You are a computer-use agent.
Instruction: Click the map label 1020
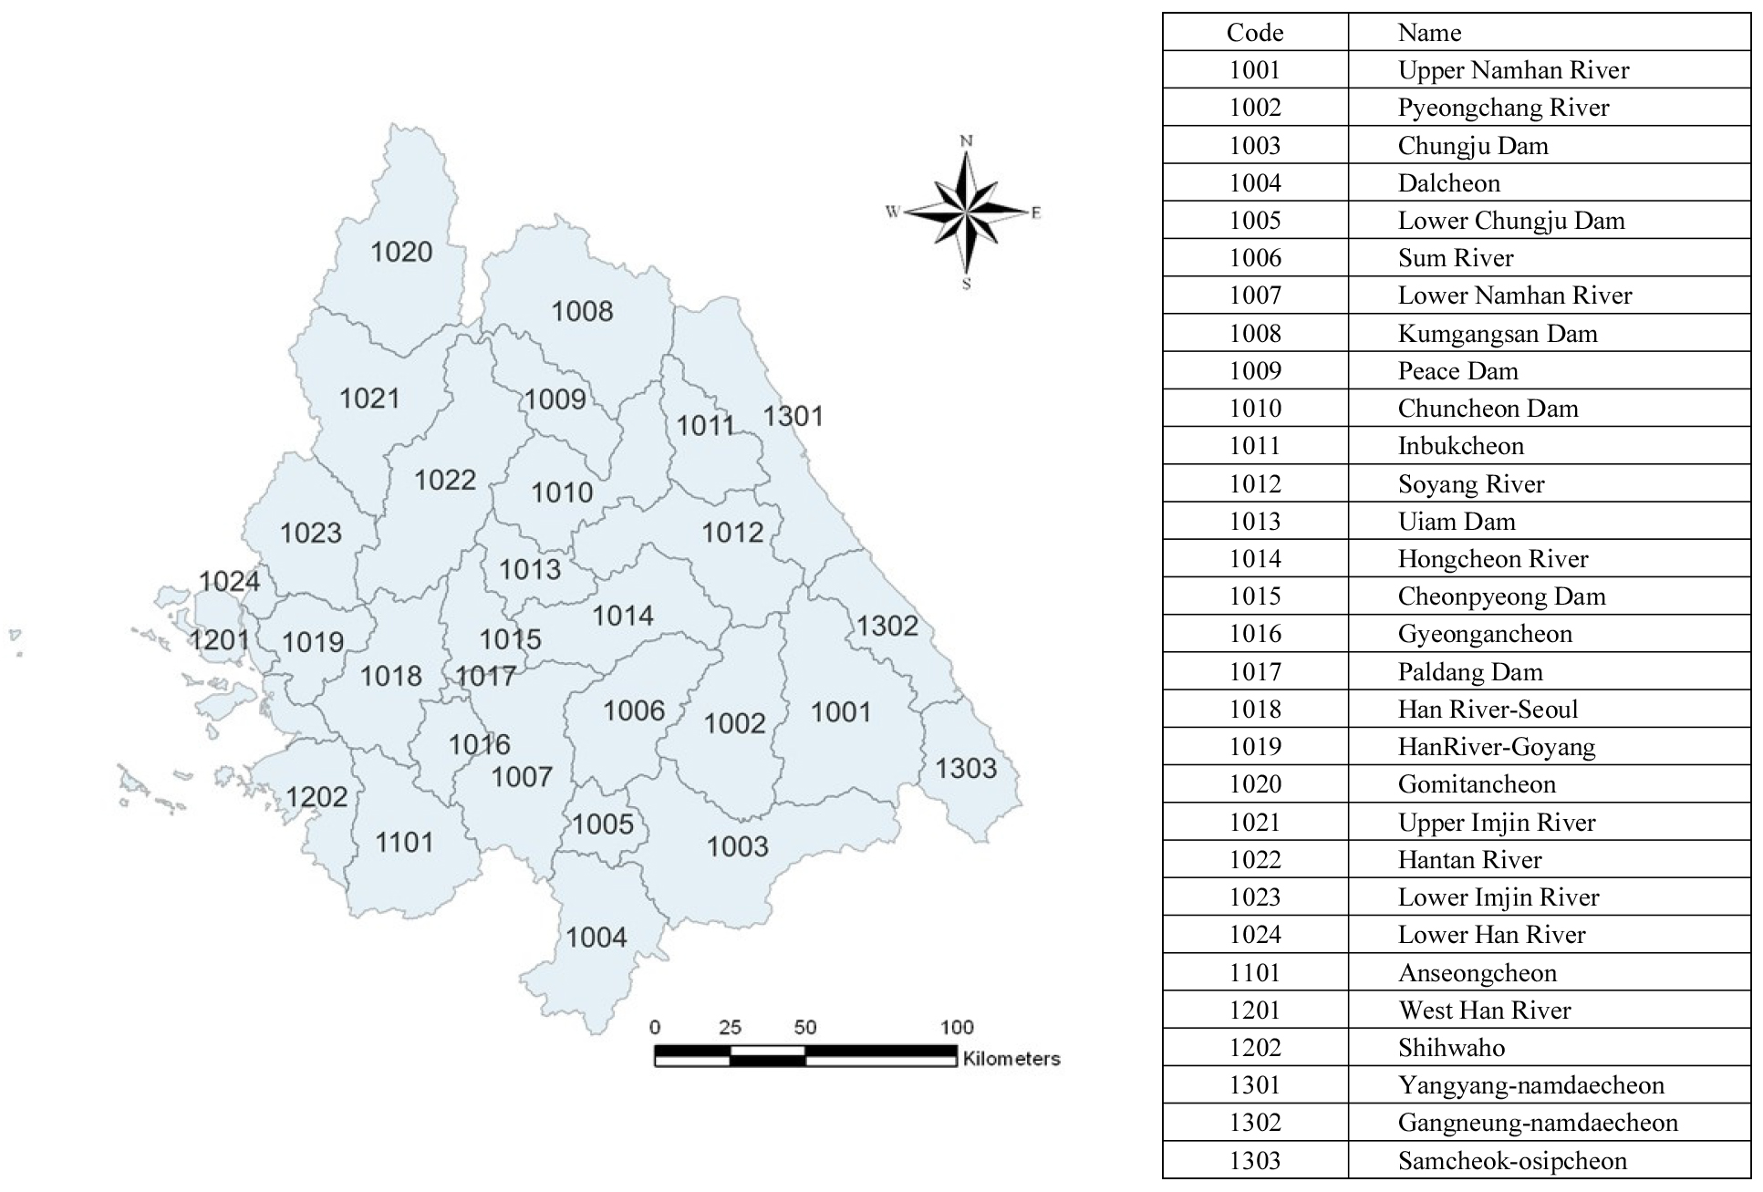coord(401,252)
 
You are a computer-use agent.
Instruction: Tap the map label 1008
coord(582,311)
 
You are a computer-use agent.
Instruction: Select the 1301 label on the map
coord(793,416)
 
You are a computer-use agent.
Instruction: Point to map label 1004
coord(596,938)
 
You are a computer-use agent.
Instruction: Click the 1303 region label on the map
coord(966,768)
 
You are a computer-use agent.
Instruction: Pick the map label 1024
coord(229,581)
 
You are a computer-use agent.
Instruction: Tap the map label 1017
coord(485,676)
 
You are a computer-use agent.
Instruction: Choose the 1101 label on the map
coord(404,842)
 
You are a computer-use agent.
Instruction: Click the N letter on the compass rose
coord(967,140)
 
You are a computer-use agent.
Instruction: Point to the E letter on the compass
coord(1036,213)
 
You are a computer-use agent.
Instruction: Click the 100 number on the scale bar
coord(957,1027)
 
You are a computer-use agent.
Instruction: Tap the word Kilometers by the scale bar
coord(1011,1059)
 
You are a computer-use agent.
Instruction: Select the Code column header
coord(1254,33)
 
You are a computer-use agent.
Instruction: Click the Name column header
coord(1429,33)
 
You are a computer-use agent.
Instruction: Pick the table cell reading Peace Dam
coord(1457,371)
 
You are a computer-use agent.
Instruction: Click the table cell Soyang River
coord(1470,484)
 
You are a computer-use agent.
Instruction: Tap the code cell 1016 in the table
coord(1254,634)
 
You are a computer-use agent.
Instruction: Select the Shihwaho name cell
coord(1451,1048)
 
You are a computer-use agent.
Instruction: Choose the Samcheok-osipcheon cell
coord(1511,1161)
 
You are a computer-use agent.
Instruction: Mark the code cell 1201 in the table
coord(1254,1011)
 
